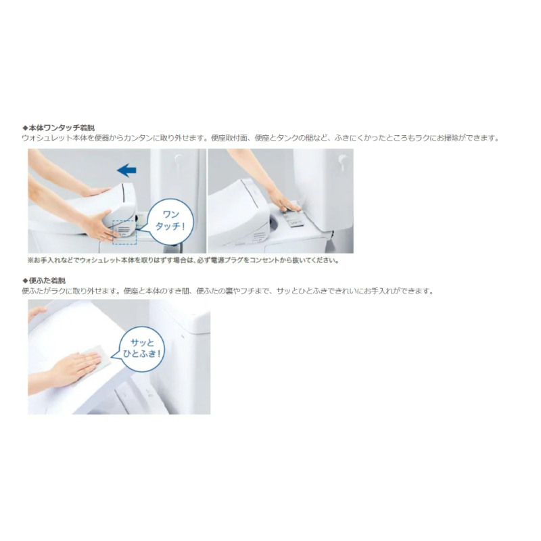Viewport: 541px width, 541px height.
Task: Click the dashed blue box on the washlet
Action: (124, 231)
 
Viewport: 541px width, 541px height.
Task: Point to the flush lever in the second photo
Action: (342, 160)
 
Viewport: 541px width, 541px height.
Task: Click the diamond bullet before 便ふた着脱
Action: (25, 280)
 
